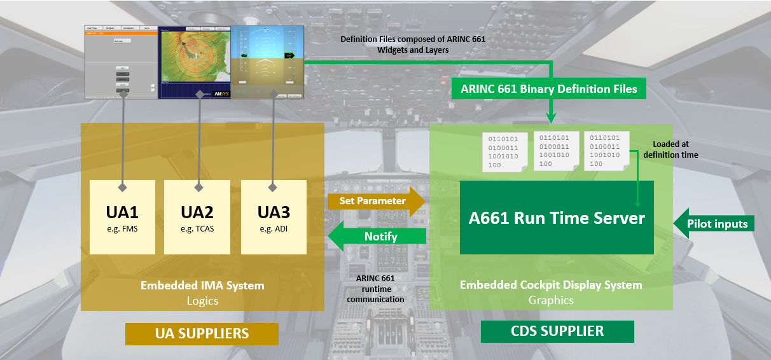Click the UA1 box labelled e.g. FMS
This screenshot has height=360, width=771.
122,217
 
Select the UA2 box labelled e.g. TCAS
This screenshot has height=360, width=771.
197,217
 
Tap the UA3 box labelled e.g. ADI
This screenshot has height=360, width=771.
274,217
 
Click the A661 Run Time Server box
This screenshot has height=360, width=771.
557,218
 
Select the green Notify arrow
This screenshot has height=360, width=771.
377,236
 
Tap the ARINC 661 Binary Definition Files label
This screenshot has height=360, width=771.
548,89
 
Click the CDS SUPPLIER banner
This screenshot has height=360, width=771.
557,331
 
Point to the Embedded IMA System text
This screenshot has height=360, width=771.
202,286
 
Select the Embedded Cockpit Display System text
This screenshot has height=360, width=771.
551,285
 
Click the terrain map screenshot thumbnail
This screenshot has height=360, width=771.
194,62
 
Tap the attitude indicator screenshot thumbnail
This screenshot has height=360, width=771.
267,62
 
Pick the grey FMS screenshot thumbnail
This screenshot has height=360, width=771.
121,61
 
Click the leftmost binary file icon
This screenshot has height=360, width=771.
504,151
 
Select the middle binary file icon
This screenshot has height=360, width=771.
555,150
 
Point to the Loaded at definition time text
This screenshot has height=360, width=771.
670,149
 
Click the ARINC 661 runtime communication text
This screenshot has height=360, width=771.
380,289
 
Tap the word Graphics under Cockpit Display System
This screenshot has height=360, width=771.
551,300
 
